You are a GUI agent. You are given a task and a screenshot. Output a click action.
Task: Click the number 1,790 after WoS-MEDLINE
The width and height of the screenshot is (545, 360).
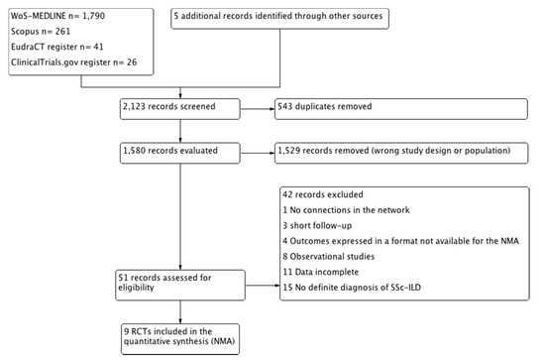pos(93,16)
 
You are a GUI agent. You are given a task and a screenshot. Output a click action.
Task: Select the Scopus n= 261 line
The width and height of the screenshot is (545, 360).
pos(41,32)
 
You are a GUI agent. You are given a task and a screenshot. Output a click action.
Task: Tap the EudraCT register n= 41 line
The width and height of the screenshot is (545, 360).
pos(57,47)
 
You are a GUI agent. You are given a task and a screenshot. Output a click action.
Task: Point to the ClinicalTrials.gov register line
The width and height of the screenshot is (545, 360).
pos(73,62)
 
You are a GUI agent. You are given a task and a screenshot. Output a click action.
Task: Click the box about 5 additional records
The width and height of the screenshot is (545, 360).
pos(279,19)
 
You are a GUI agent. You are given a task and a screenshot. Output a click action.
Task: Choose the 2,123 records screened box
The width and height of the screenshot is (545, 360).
pos(180,109)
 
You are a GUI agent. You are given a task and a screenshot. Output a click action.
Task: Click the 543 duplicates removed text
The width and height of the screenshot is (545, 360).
pos(325,106)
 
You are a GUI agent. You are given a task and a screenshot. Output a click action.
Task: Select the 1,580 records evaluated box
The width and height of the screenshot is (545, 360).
pos(180,153)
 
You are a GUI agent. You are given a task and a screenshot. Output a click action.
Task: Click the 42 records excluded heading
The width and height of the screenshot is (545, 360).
pos(323,194)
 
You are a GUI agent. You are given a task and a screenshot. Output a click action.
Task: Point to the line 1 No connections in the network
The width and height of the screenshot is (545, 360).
pos(346,210)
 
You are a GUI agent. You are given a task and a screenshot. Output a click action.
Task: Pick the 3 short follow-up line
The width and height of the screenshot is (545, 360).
pos(317,226)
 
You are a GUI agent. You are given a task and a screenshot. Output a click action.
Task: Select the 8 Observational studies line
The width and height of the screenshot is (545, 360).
pos(329,257)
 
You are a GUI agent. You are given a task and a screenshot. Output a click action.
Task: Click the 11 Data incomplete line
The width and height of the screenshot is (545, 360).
pos(320,272)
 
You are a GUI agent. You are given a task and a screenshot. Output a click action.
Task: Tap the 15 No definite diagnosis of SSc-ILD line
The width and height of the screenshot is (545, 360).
pos(352,288)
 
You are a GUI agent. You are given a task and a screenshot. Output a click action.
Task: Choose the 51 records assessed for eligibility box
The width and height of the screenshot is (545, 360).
pos(180,286)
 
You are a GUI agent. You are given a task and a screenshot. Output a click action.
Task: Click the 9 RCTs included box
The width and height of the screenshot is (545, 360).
pos(180,339)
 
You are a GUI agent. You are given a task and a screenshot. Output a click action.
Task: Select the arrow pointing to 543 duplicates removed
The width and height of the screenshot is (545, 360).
pos(258,109)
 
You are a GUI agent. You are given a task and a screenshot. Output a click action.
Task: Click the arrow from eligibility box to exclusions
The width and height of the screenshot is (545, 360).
pos(263,286)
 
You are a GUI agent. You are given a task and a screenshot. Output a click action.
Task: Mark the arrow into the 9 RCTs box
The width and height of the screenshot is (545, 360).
pos(180,312)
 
